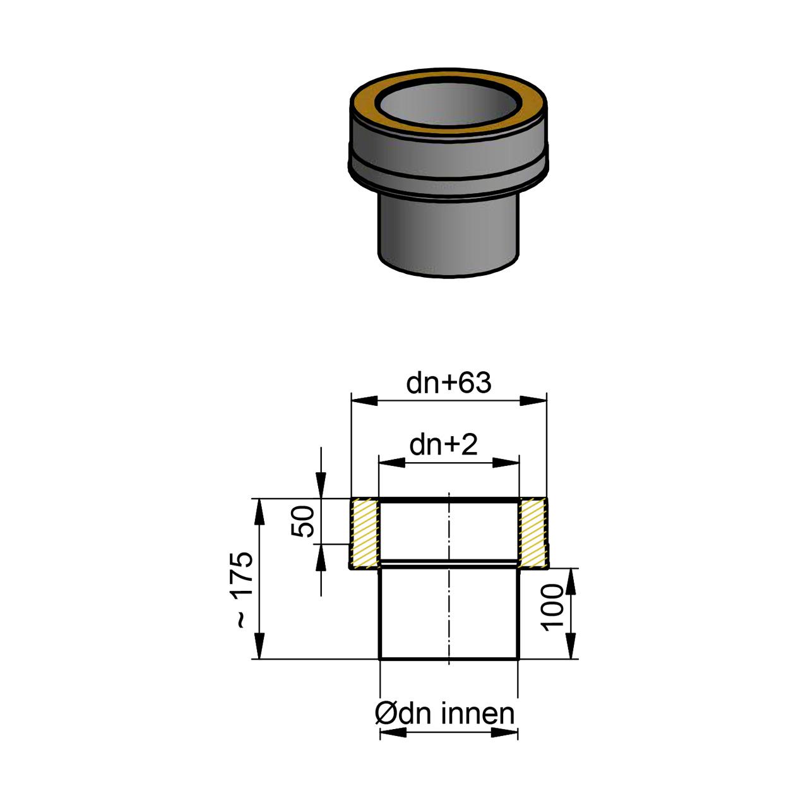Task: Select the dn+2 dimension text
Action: pos(443,445)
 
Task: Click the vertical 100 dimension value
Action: pos(552,607)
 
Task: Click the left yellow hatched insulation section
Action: pos(365,533)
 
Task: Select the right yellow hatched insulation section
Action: pos(533,533)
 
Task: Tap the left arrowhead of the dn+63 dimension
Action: pos(364,400)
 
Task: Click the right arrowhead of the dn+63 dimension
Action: pos(533,400)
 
